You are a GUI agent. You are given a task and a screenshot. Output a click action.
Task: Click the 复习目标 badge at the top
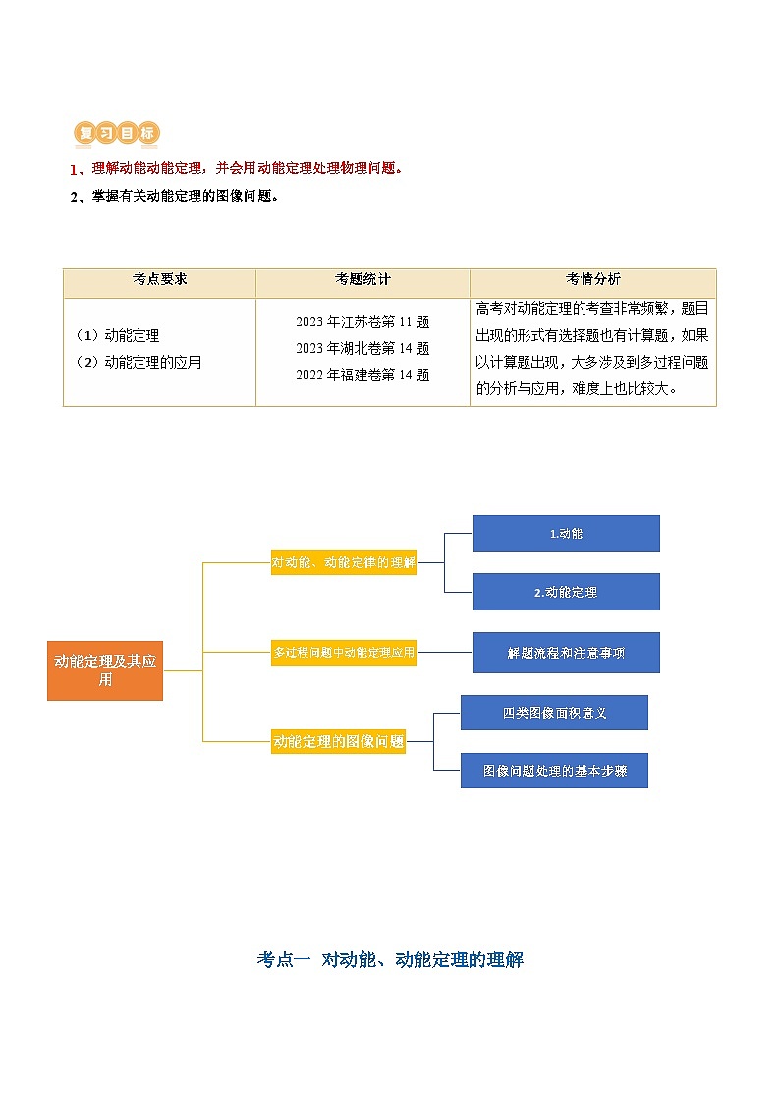click(116, 133)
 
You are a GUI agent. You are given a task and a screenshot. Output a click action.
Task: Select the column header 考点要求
click(159, 279)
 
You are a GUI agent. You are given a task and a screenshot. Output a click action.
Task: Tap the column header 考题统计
click(362, 279)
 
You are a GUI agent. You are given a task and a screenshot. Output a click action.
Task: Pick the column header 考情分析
click(592, 279)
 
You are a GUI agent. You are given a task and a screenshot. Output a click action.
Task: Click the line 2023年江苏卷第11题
click(362, 321)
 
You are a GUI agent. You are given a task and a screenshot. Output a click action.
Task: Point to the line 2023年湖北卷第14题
click(362, 348)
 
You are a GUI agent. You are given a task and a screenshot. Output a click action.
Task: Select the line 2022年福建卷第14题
click(362, 375)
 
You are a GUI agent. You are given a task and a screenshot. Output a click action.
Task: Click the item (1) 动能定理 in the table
click(117, 336)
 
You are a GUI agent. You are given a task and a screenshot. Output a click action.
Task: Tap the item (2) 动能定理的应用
click(139, 362)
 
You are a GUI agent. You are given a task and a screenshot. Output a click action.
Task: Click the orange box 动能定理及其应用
click(105, 670)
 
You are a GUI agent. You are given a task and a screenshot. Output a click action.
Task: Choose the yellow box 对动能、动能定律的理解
click(344, 563)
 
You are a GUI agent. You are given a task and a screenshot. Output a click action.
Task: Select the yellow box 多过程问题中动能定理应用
click(344, 652)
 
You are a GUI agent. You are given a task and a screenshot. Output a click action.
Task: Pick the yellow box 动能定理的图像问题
click(339, 742)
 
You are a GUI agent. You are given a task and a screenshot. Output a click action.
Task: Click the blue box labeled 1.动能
click(566, 533)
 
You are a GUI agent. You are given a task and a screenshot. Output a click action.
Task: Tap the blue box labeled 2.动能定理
click(566, 592)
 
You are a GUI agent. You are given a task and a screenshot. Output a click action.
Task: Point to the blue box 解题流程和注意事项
click(566, 653)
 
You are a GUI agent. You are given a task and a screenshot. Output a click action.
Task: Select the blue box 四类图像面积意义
click(554, 713)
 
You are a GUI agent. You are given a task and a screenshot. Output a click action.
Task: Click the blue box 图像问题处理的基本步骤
click(554, 771)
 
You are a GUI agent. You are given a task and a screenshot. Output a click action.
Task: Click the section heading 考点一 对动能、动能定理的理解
click(390, 959)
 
